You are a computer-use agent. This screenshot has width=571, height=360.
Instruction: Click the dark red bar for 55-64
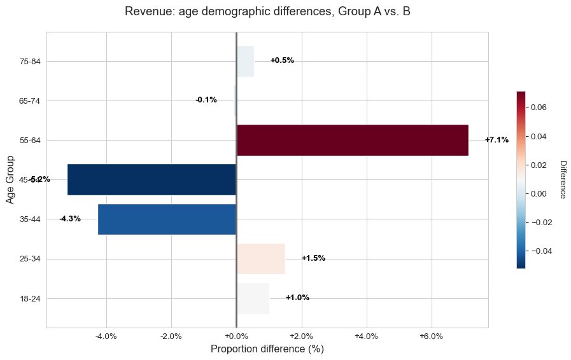[352, 140]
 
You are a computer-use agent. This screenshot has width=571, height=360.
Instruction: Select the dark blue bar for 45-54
[152, 179]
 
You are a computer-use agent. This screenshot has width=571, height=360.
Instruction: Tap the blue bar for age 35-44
[167, 219]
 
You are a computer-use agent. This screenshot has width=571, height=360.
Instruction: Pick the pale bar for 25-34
[260, 258]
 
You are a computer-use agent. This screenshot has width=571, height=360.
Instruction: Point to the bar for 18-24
[253, 298]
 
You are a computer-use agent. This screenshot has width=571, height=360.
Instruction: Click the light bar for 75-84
[245, 61]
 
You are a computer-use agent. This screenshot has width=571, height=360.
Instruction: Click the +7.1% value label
[497, 140]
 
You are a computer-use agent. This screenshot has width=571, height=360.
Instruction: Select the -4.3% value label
[70, 219]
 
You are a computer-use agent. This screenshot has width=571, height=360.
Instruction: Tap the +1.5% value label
[313, 258]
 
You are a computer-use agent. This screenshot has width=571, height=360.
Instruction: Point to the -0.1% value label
[206, 100]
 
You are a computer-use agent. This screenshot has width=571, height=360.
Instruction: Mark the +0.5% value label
[282, 60]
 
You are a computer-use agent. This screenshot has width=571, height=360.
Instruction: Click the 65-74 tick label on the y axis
[30, 100]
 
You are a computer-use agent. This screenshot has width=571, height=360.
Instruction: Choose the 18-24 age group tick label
[30, 298]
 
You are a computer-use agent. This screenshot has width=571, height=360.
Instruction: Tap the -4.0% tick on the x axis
[106, 336]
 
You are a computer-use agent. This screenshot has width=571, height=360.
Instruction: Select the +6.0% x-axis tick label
[432, 336]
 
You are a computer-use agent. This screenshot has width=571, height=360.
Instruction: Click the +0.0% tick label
[236, 336]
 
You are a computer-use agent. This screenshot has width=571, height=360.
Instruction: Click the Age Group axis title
[10, 180]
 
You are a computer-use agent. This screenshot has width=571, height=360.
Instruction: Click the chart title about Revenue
[267, 11]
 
